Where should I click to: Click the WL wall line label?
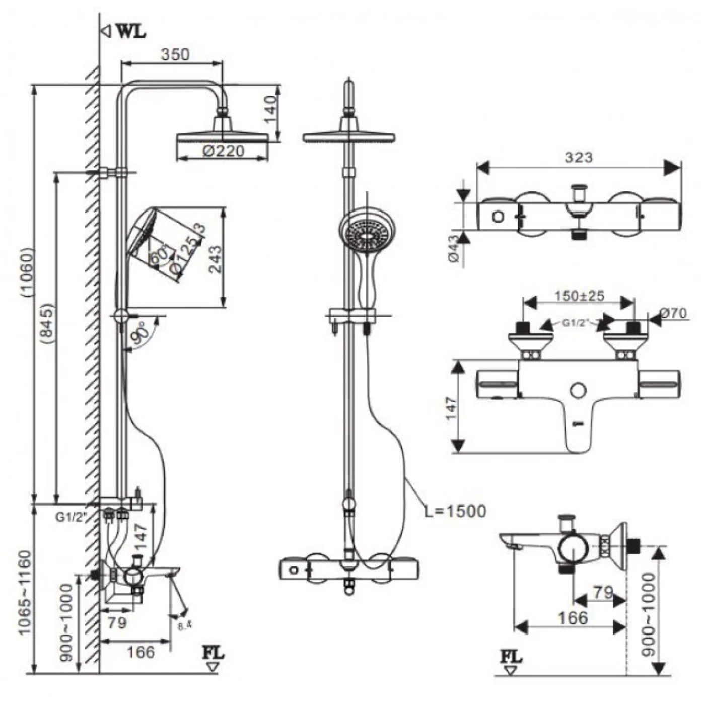point(130,31)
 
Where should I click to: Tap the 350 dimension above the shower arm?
point(175,54)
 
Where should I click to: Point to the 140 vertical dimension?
point(270,109)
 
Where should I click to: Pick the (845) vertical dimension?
point(47,323)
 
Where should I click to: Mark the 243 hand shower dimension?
point(215,259)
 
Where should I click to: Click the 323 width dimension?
point(578,158)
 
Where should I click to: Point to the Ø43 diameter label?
point(453,249)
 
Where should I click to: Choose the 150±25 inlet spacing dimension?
point(579,296)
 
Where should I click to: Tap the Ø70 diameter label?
point(672,313)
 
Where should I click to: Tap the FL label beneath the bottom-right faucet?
point(511,657)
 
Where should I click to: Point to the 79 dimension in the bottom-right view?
point(602,592)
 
